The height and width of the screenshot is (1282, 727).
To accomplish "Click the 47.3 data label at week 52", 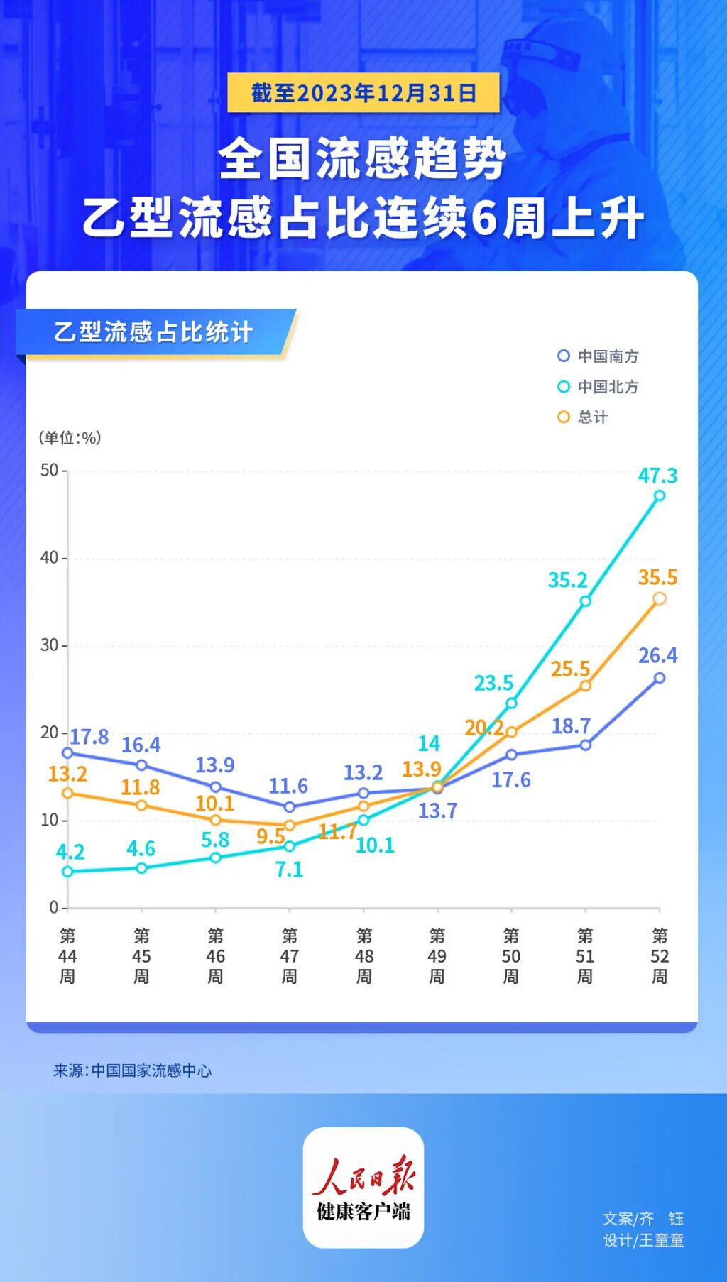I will (657, 475).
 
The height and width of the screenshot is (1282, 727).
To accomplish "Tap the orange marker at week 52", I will (660, 598).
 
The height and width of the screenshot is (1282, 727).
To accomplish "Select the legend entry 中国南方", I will (598, 356).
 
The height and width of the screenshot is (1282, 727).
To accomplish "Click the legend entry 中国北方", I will (598, 387).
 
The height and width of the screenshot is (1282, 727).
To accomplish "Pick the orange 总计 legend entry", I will (583, 417).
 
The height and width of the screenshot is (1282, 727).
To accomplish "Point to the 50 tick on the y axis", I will (50, 470).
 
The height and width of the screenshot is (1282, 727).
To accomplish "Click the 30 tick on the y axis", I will (50, 645).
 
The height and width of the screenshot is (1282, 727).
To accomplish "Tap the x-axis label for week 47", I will (290, 955).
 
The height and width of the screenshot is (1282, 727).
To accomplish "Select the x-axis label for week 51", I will (585, 955).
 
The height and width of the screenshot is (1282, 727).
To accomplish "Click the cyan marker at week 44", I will (67, 872).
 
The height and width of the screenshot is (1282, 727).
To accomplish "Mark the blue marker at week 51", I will (586, 745).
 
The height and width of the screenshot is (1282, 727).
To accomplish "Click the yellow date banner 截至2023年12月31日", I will (363, 93).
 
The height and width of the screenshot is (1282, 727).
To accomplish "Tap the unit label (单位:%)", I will (70, 438).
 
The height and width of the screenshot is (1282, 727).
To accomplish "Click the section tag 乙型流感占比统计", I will (153, 332).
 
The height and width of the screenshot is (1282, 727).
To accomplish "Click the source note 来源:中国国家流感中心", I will (133, 1070).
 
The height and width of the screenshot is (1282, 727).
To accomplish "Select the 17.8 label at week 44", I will (89, 737).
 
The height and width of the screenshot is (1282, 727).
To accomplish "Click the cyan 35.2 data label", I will (567, 580).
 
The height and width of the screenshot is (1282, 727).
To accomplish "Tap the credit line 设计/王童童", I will (643, 1240).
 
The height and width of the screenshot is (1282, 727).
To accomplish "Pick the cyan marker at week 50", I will (511, 703).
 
